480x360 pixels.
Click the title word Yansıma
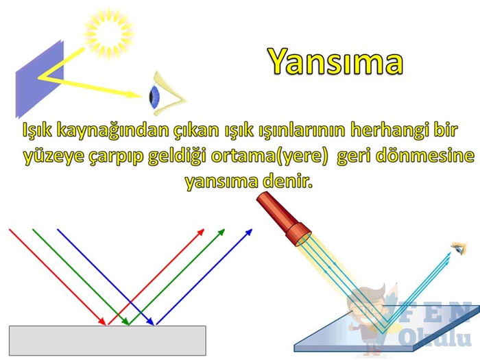coord(336,62)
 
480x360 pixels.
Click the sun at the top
coord(109,33)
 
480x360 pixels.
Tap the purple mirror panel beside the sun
coord(40,79)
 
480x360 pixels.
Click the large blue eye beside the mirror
coord(165,94)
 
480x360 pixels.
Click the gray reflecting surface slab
coord(107,340)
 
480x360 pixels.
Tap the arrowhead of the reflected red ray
coord(200,232)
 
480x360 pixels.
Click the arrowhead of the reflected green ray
coord(221,232)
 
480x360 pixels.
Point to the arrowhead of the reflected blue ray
coord(248,232)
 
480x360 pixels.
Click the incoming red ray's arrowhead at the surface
coord(101,321)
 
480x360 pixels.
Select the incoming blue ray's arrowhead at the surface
coord(149,321)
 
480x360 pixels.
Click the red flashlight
coord(283,219)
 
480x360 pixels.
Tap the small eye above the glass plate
coord(459,248)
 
